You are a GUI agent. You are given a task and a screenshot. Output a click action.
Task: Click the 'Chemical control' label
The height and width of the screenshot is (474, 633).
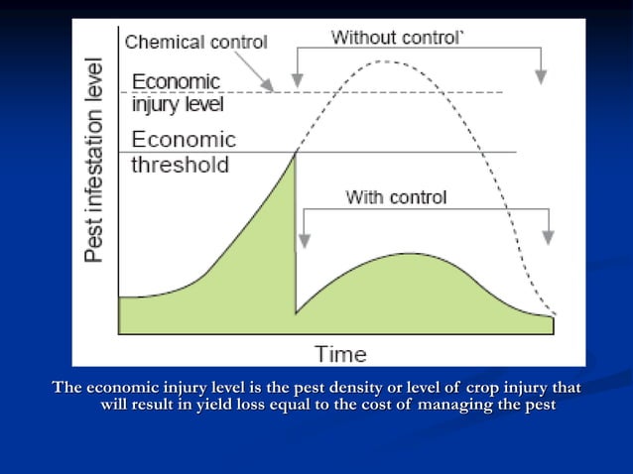click(x=195, y=42)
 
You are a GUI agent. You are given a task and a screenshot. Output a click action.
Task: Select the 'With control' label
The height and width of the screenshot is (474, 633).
click(x=396, y=197)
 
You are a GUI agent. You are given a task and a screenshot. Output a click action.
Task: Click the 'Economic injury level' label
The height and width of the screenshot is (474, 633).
click(x=177, y=91)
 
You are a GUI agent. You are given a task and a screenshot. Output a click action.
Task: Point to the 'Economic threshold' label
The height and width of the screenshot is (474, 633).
click(x=183, y=152)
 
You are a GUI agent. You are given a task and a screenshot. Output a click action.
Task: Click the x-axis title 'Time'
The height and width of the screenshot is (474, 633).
click(x=340, y=353)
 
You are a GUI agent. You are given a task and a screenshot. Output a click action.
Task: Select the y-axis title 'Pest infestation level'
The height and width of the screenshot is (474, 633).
click(x=94, y=159)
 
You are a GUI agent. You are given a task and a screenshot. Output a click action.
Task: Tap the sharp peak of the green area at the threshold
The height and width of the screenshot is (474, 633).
click(x=296, y=152)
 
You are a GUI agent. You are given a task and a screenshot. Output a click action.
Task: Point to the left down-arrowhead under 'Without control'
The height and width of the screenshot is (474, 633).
click(x=297, y=78)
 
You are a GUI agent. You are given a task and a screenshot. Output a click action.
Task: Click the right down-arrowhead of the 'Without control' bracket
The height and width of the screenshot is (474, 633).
click(x=541, y=78)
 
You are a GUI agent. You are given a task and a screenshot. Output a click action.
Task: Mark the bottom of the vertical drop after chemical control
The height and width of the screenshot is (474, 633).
click(x=296, y=313)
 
